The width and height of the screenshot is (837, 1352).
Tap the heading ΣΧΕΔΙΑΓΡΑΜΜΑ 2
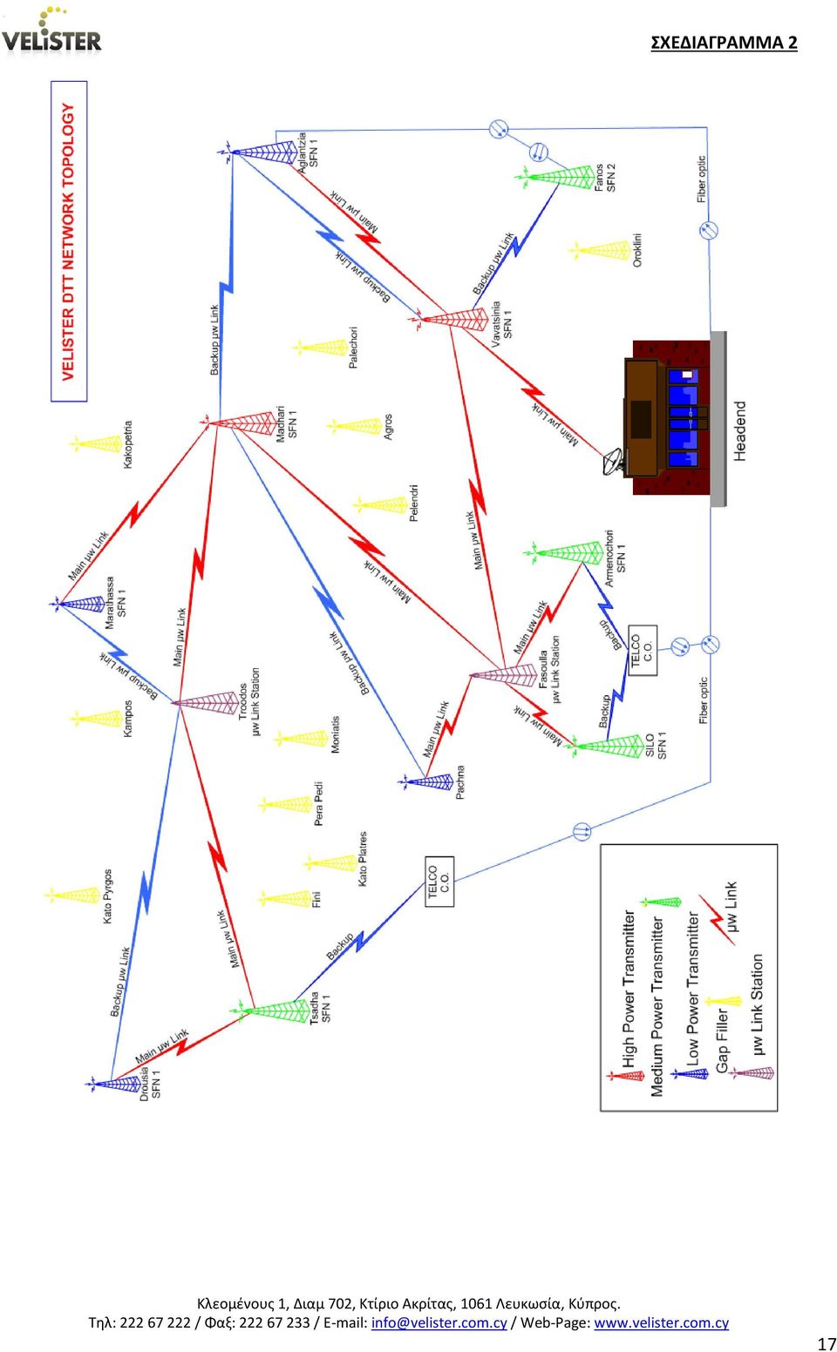click(724, 43)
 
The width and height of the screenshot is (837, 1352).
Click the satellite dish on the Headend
click(615, 463)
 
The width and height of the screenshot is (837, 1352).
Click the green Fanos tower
click(555, 177)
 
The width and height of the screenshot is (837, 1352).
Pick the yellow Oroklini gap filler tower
click(600, 251)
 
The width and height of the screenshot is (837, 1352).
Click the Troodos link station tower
click(206, 703)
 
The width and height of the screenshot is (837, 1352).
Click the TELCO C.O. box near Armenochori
click(643, 650)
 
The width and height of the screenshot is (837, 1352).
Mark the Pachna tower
click(425, 782)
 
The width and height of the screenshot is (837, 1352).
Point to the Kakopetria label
click(127, 445)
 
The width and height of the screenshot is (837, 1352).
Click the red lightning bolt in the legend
click(716, 919)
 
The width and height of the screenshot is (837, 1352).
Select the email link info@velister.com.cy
click(439, 1322)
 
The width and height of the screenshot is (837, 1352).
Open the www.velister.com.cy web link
click(661, 1322)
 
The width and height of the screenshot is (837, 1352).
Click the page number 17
click(827, 1343)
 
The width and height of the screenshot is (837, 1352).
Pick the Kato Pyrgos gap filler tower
click(72, 895)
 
